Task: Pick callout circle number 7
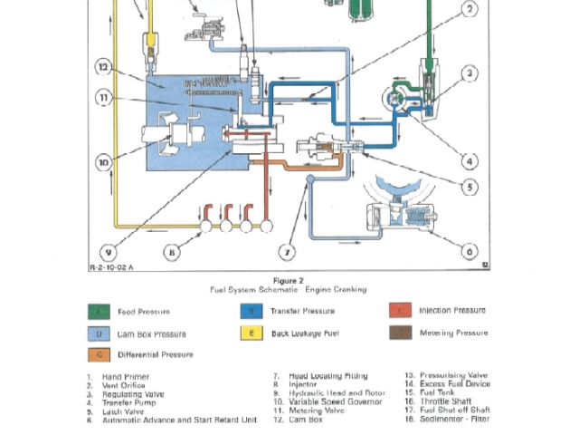click(288, 251)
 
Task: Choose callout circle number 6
click(470, 251)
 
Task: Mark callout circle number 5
click(470, 188)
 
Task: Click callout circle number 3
click(470, 74)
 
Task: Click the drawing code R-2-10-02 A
click(111, 268)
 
